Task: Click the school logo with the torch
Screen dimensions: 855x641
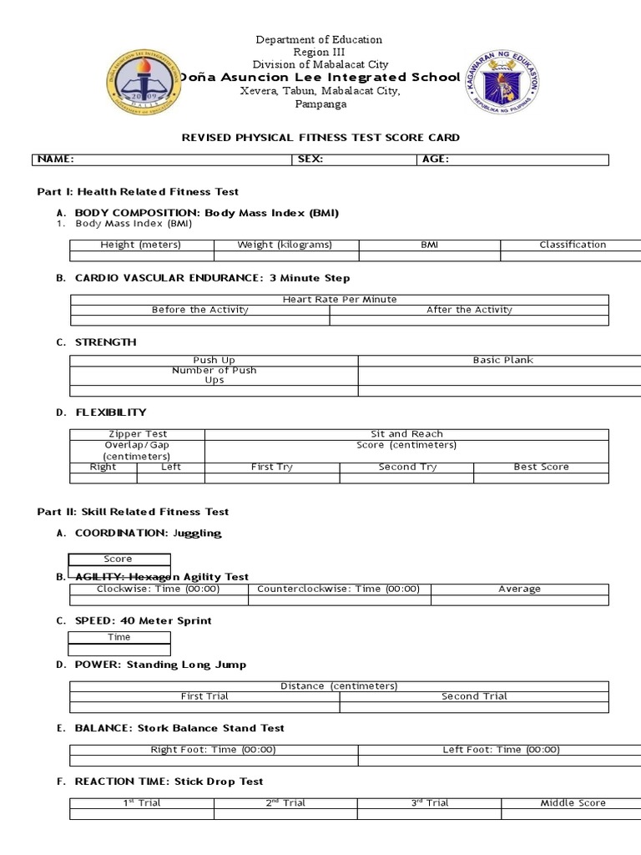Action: click(x=144, y=82)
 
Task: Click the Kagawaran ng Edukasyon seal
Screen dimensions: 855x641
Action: click(x=502, y=81)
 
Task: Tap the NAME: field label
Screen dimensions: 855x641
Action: click(x=56, y=159)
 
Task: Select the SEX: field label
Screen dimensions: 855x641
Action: click(x=311, y=159)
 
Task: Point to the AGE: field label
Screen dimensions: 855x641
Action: click(x=436, y=159)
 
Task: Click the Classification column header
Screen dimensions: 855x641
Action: click(x=573, y=245)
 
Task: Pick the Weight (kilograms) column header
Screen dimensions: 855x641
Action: click(x=285, y=245)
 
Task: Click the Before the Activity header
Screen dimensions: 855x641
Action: click(x=200, y=310)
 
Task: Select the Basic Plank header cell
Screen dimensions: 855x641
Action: click(x=502, y=360)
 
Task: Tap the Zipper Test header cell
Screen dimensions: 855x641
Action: click(x=138, y=434)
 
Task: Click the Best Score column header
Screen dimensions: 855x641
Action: click(x=541, y=467)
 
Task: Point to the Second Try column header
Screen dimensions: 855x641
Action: click(x=407, y=467)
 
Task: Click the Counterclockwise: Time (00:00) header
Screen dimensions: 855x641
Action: click(x=338, y=589)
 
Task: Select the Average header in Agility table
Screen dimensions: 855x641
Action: click(x=519, y=589)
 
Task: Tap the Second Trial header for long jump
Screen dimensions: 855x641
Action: click(x=474, y=696)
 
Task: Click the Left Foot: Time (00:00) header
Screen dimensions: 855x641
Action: click(x=501, y=750)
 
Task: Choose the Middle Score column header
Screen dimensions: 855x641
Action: click(x=573, y=803)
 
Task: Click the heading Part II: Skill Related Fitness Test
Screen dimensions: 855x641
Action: click(x=134, y=512)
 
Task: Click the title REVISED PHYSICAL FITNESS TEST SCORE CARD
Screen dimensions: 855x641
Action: click(x=320, y=138)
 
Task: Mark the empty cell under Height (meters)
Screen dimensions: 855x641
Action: click(x=141, y=256)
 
